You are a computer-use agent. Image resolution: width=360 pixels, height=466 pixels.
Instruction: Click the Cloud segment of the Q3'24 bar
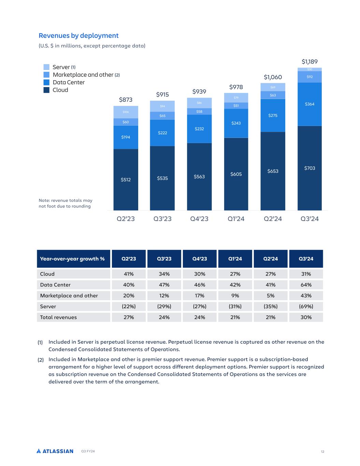click(309, 168)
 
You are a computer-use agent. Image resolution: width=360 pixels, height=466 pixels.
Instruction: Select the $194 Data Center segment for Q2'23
click(126, 137)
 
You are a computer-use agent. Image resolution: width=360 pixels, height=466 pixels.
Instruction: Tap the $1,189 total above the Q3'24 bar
click(309, 62)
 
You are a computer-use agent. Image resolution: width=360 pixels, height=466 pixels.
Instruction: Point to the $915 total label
click(162, 94)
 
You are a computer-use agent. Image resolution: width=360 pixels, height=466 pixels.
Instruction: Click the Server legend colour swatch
click(46, 67)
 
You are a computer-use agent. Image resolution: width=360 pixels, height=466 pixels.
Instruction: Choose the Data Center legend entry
click(68, 82)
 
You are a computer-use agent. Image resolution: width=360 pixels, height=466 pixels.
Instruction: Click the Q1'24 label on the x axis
click(236, 219)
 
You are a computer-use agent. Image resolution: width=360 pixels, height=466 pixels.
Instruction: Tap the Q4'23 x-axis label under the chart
click(199, 219)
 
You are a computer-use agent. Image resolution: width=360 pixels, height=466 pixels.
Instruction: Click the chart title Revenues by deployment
click(78, 36)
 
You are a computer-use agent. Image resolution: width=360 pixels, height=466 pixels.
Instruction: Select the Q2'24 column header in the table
click(271, 259)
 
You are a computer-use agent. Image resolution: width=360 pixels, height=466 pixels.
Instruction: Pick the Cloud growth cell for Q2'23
click(129, 274)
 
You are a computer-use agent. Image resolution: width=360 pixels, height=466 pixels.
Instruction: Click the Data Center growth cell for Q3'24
click(306, 285)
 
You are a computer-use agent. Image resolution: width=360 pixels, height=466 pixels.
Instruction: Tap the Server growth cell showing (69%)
click(306, 306)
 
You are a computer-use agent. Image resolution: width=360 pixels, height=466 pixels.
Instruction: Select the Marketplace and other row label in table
click(69, 296)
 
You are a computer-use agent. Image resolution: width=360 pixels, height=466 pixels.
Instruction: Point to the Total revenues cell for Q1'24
click(235, 317)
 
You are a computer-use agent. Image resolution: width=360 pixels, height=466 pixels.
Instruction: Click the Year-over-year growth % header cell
click(72, 259)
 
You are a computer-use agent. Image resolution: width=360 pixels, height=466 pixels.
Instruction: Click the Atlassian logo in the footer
click(55, 451)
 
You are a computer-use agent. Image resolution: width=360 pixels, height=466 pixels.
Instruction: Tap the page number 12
click(322, 452)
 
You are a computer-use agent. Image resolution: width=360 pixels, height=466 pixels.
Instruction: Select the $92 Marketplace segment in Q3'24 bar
click(309, 77)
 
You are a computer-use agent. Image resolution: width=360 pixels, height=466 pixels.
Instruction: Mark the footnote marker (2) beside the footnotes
click(41, 359)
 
